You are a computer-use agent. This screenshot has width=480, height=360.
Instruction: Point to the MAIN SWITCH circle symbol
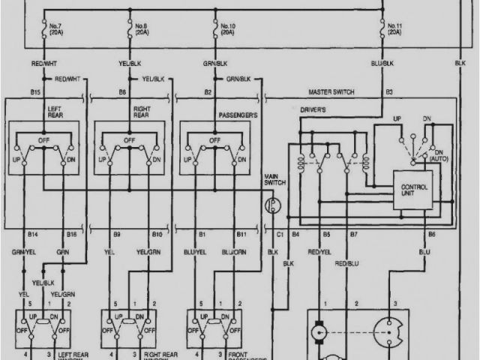click(x=273, y=204)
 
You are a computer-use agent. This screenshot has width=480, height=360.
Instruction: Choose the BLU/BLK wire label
click(x=382, y=64)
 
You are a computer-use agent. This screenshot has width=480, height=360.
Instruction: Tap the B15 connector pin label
click(x=35, y=92)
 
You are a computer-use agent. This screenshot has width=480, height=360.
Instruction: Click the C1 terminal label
click(x=280, y=235)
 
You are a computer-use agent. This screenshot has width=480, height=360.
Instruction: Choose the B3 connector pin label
click(x=389, y=92)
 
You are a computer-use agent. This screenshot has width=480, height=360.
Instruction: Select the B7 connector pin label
click(x=353, y=235)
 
